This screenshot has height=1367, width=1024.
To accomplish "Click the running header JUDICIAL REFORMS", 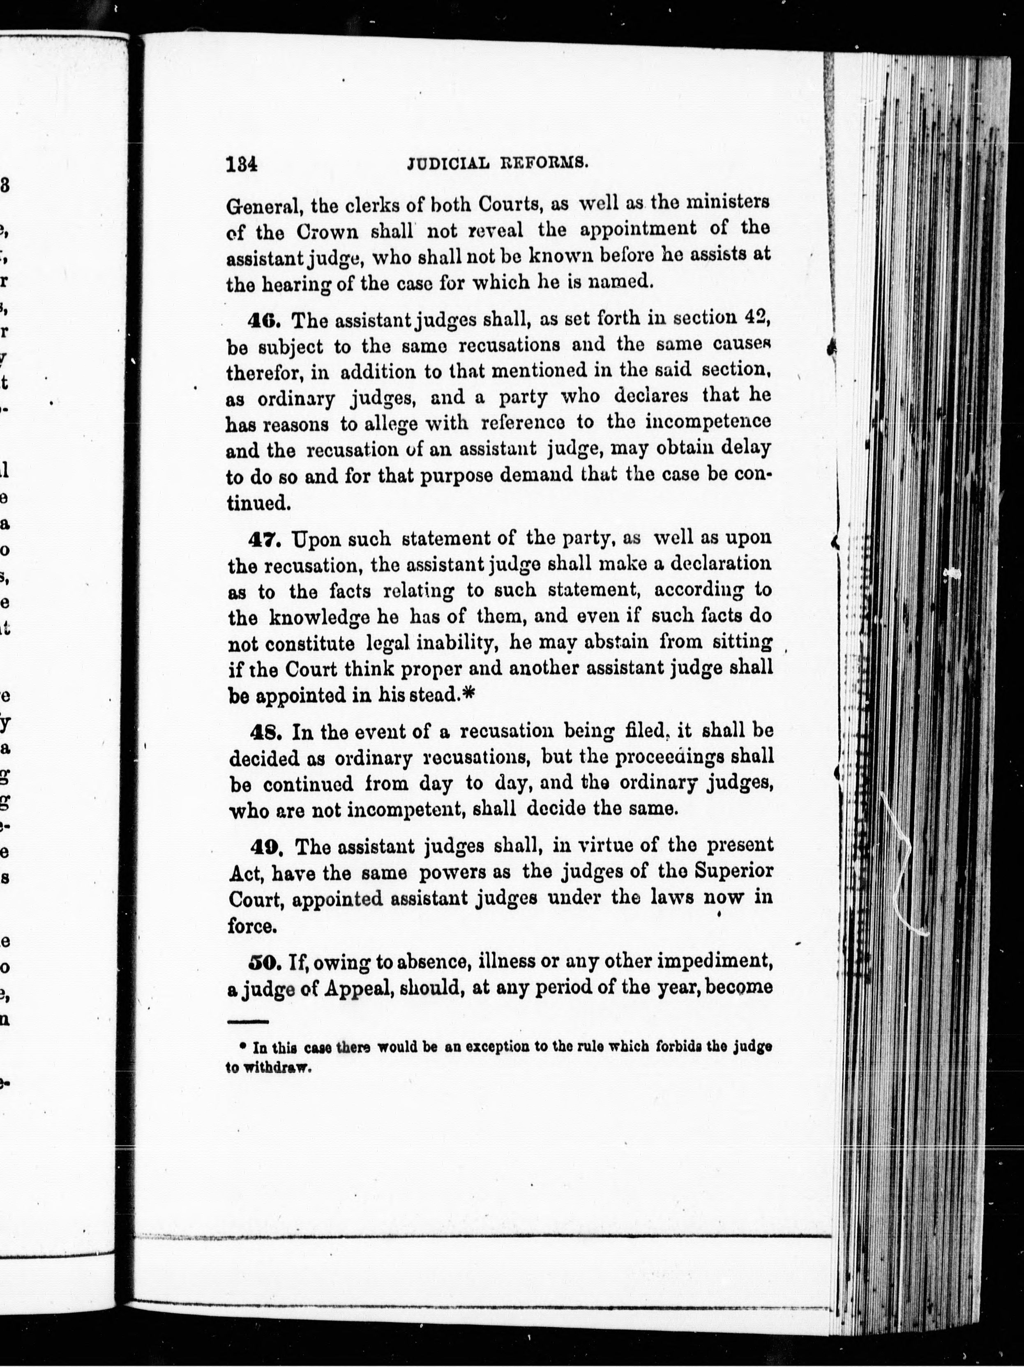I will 496,163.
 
